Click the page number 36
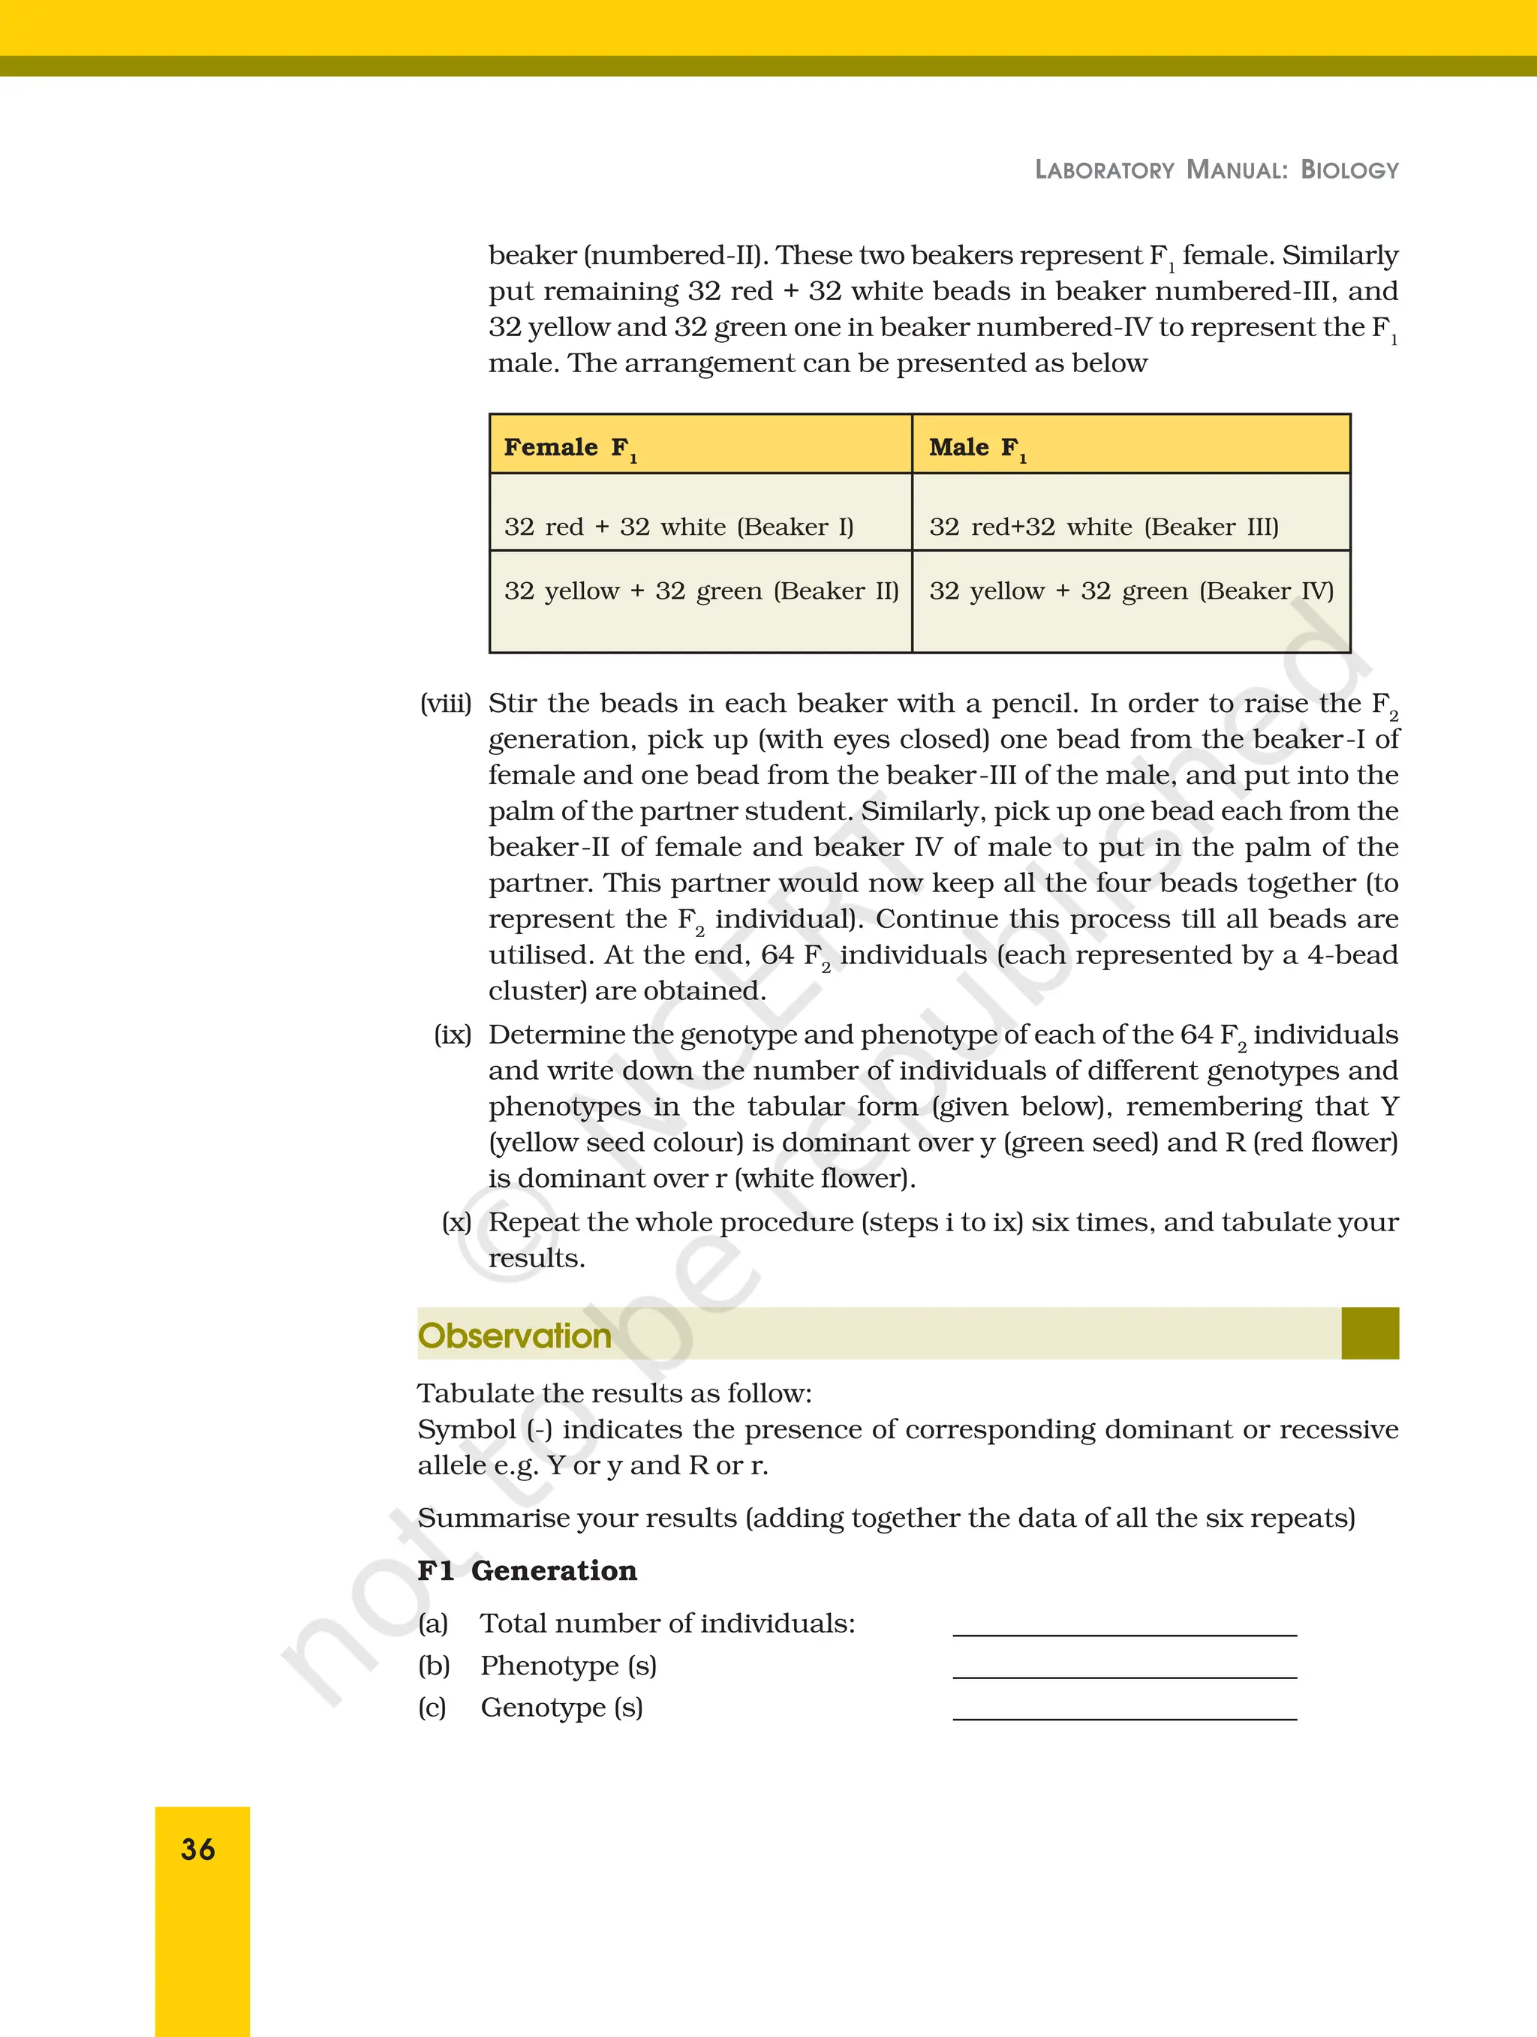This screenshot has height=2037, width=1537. pos(198,1849)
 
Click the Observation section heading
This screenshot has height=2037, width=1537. pos(514,1335)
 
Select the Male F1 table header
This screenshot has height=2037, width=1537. pos(978,448)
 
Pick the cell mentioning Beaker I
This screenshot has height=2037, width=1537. pos(678,527)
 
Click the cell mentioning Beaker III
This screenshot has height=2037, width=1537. pos(1103,527)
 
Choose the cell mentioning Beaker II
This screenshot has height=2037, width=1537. pos(701,591)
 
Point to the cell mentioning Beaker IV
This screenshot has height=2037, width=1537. pos(1131,591)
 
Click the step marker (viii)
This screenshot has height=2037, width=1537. pos(446,704)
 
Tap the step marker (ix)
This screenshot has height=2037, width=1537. pos(452,1035)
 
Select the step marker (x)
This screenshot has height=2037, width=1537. pos(456,1223)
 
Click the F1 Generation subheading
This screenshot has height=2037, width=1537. pos(527,1571)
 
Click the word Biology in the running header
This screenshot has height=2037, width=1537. pos(1349,170)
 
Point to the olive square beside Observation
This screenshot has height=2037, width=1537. pos(1370,1332)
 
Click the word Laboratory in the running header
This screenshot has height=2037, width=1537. pos(1104,170)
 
